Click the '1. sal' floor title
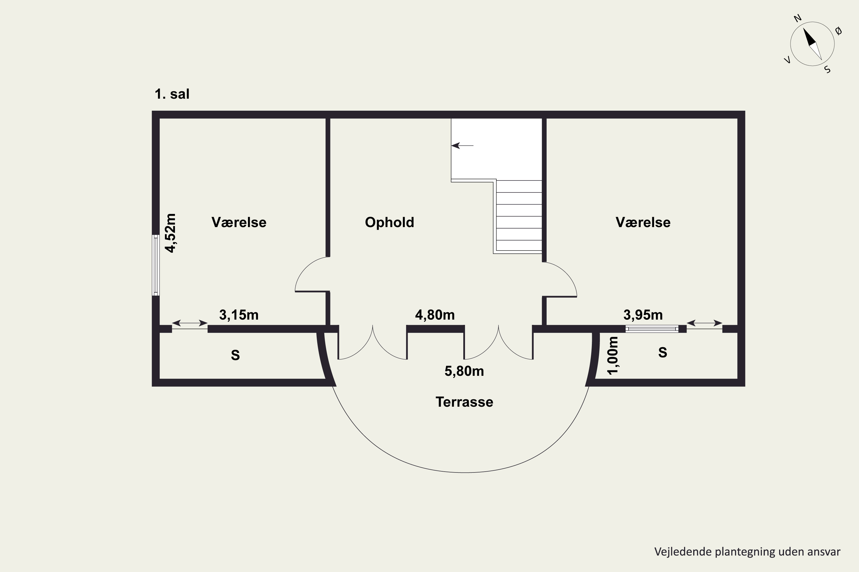(x=172, y=94)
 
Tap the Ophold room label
(x=389, y=223)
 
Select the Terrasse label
(x=464, y=402)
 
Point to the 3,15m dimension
(x=239, y=315)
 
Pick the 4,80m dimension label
(x=435, y=315)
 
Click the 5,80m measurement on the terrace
(x=464, y=371)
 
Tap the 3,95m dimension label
(x=643, y=315)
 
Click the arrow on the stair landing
(x=462, y=146)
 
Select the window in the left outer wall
(x=156, y=265)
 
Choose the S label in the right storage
(x=663, y=352)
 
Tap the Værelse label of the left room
(x=239, y=223)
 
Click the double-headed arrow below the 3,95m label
(x=704, y=323)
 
